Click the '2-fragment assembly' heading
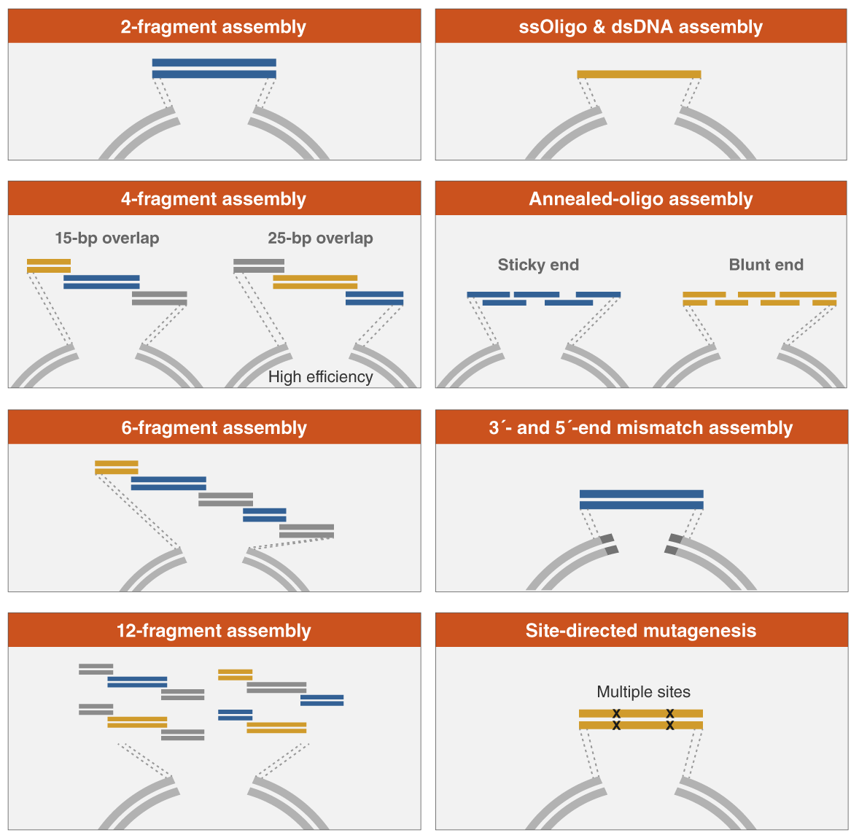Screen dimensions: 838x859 point(214,27)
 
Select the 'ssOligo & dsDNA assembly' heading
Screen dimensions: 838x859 point(640,27)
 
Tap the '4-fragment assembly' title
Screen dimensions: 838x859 point(214,199)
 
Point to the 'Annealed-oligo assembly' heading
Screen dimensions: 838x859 point(640,199)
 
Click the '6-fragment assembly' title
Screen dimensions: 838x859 point(214,427)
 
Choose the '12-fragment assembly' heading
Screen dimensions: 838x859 point(214,630)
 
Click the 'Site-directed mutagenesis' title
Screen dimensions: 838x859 point(640,630)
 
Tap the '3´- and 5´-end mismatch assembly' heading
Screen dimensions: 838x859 point(640,427)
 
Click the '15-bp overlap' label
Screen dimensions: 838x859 point(106,238)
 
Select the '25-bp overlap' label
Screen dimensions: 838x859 point(320,238)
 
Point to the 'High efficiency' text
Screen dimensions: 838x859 point(320,377)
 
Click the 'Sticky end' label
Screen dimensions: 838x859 point(538,265)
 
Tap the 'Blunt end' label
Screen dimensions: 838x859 point(766,265)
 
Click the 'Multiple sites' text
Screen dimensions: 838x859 point(643,692)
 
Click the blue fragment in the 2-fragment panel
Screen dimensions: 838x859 point(214,69)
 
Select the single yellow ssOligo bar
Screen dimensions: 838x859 point(639,74)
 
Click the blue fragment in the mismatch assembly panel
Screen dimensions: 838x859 point(641,500)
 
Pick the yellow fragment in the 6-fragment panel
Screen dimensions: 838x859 point(116,468)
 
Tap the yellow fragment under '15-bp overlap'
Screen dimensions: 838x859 point(49,266)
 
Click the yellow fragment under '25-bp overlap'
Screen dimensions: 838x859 point(315,282)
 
